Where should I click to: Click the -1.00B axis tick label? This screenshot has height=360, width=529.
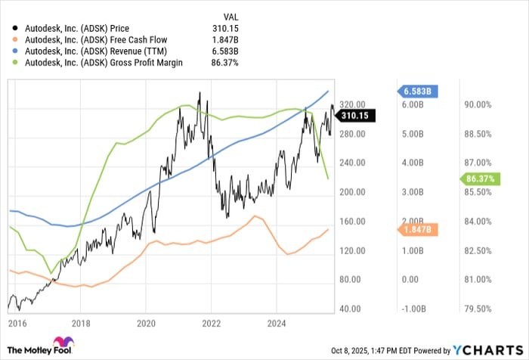coord(410,309)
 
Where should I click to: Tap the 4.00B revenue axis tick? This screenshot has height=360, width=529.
coord(410,163)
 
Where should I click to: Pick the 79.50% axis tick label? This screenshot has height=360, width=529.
coord(477,309)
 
